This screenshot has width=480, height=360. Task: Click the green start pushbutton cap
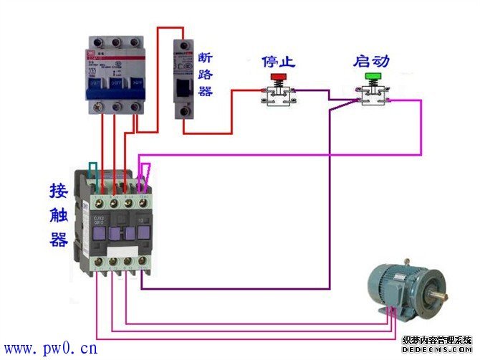tap(373, 76)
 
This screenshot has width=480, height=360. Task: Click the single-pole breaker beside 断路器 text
tap(184, 79)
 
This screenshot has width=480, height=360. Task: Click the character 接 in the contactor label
tap(59, 191)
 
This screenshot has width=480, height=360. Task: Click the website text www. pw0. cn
tap(50, 349)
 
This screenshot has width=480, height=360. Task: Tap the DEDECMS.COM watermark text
tap(437, 351)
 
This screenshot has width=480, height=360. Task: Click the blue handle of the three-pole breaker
tap(114, 88)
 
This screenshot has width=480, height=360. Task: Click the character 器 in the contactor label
tap(59, 240)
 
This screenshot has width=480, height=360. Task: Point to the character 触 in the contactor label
tap(59, 215)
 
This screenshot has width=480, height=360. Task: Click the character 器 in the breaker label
tap(206, 92)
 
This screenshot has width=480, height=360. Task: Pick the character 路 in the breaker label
tap(206, 75)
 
